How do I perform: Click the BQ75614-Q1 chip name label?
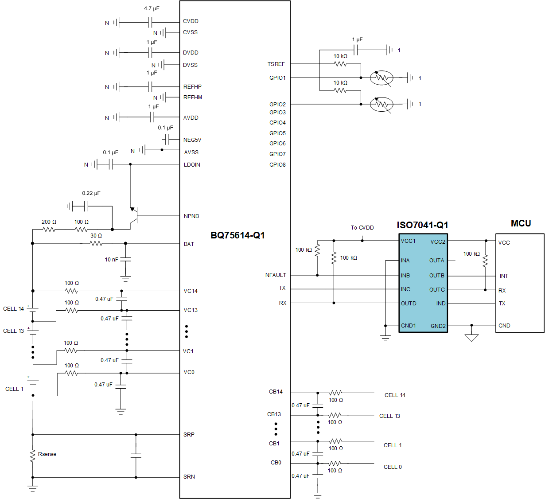pyautogui.click(x=237, y=235)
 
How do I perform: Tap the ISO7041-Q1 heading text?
pyautogui.click(x=422, y=225)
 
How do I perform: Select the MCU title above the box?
pyautogui.click(x=521, y=223)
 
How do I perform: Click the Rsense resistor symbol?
pyautogui.click(x=32, y=456)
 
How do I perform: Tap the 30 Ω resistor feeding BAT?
pyautogui.click(x=96, y=243)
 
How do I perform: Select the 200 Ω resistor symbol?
pyautogui.click(x=49, y=230)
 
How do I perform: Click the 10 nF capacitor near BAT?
pyautogui.click(x=126, y=259)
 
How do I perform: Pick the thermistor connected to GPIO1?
pyautogui.click(x=381, y=78)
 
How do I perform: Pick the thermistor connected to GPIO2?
pyautogui.click(x=381, y=104)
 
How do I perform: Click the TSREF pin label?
pyautogui.click(x=276, y=64)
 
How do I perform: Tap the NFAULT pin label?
pyautogui.click(x=276, y=275)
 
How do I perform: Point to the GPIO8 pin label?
pyautogui.click(x=277, y=165)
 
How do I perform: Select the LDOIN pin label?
pyautogui.click(x=192, y=165)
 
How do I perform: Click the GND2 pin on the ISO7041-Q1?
pyautogui.click(x=438, y=326)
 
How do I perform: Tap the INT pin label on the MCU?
pyautogui.click(x=504, y=276)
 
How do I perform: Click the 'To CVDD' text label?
pyautogui.click(x=362, y=228)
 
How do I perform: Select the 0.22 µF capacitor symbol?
pyautogui.click(x=86, y=206)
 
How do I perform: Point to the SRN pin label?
pyautogui.click(x=189, y=477)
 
